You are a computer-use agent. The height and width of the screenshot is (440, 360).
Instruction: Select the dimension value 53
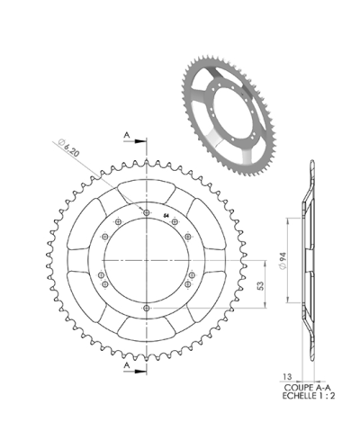pos(259,285)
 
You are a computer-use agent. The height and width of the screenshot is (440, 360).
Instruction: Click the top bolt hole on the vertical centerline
pos(146,212)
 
